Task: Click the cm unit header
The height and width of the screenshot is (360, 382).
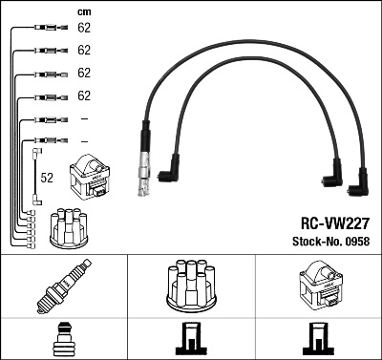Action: (x=83, y=11)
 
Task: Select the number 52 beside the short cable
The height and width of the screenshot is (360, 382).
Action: (x=47, y=178)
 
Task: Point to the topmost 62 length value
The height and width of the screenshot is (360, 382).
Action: (x=84, y=28)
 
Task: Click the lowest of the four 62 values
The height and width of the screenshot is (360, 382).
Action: (x=84, y=95)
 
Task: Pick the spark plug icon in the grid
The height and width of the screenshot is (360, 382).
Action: (x=62, y=286)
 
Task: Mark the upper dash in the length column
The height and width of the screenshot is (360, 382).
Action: (x=84, y=118)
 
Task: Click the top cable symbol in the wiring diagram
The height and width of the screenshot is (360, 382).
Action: (x=45, y=28)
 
